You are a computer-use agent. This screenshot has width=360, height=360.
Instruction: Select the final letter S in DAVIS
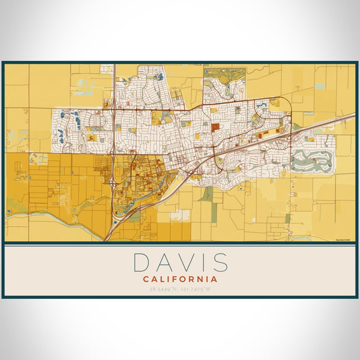click(220, 263)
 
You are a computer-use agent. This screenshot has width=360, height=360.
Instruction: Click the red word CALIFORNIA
click(180, 279)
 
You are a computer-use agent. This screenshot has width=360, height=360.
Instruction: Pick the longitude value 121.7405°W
click(199, 289)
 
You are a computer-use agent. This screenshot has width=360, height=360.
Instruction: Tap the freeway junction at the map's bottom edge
click(108, 237)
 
